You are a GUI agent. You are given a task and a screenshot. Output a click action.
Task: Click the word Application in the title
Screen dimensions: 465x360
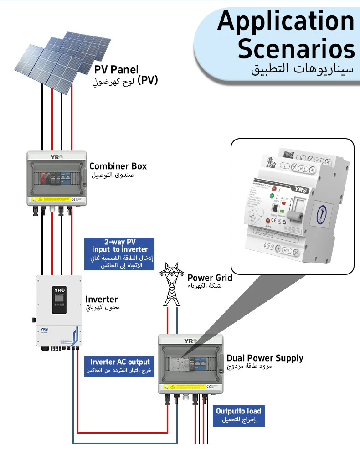tap(286, 21)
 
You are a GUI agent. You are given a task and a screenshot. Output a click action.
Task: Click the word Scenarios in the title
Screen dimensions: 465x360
tap(296, 49)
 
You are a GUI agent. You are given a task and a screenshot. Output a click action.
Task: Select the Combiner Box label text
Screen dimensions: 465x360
tap(118, 166)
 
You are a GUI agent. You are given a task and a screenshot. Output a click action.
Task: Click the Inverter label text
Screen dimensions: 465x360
tap(102, 299)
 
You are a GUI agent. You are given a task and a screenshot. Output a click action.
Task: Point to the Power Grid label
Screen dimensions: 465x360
tap(210, 278)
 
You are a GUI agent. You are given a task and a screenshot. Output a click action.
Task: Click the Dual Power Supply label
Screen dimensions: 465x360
tap(265, 358)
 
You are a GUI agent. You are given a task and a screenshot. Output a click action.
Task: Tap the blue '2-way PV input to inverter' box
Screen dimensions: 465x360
tap(119, 254)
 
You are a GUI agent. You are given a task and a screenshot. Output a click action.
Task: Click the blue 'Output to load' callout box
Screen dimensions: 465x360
tap(238, 415)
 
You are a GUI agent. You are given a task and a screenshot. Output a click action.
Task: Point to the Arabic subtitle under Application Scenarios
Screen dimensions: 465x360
tap(303, 70)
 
